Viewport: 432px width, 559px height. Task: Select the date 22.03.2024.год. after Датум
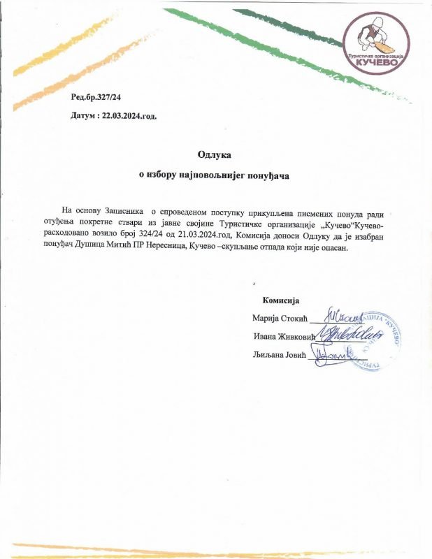tap(129, 115)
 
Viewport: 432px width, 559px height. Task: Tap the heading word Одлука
tap(215, 153)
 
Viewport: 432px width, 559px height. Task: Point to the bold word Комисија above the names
tap(280, 301)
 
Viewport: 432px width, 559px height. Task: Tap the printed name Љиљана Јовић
tap(280, 355)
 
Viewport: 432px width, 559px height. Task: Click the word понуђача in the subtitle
tap(268, 176)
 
